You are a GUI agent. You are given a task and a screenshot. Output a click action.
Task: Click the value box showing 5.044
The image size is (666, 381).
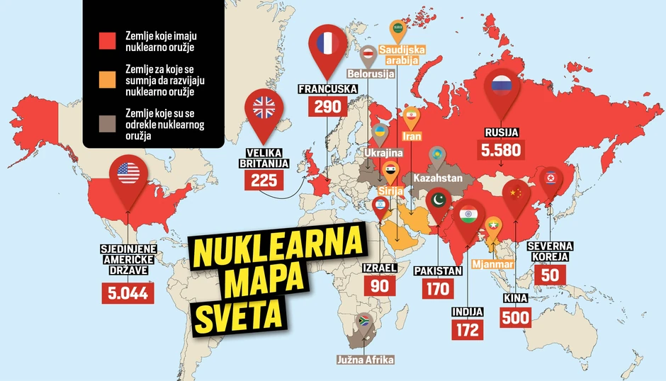pyautogui.click(x=128, y=292)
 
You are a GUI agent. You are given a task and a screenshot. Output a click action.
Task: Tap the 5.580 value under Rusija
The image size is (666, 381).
pyautogui.click(x=501, y=150)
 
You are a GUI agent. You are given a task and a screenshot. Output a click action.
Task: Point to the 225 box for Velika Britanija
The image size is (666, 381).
pyautogui.click(x=264, y=180)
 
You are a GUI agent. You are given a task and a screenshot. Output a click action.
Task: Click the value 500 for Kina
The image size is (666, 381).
pyautogui.click(x=515, y=317)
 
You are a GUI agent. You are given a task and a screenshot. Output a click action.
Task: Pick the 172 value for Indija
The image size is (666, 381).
pyautogui.click(x=468, y=329)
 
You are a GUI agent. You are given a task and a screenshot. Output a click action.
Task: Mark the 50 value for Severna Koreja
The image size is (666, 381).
pyautogui.click(x=550, y=275)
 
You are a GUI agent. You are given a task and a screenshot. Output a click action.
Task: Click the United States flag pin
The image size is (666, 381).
pyautogui.click(x=128, y=174)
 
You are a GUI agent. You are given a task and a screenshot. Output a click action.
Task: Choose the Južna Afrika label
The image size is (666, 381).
pyautogui.click(x=365, y=360)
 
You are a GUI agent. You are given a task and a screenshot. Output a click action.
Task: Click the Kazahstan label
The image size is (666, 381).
pyautogui.click(x=437, y=178)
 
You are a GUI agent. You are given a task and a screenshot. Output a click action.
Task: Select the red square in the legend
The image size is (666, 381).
pyautogui.click(x=106, y=42)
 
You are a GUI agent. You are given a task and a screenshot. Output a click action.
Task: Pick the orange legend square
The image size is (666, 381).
pyautogui.click(x=106, y=81)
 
